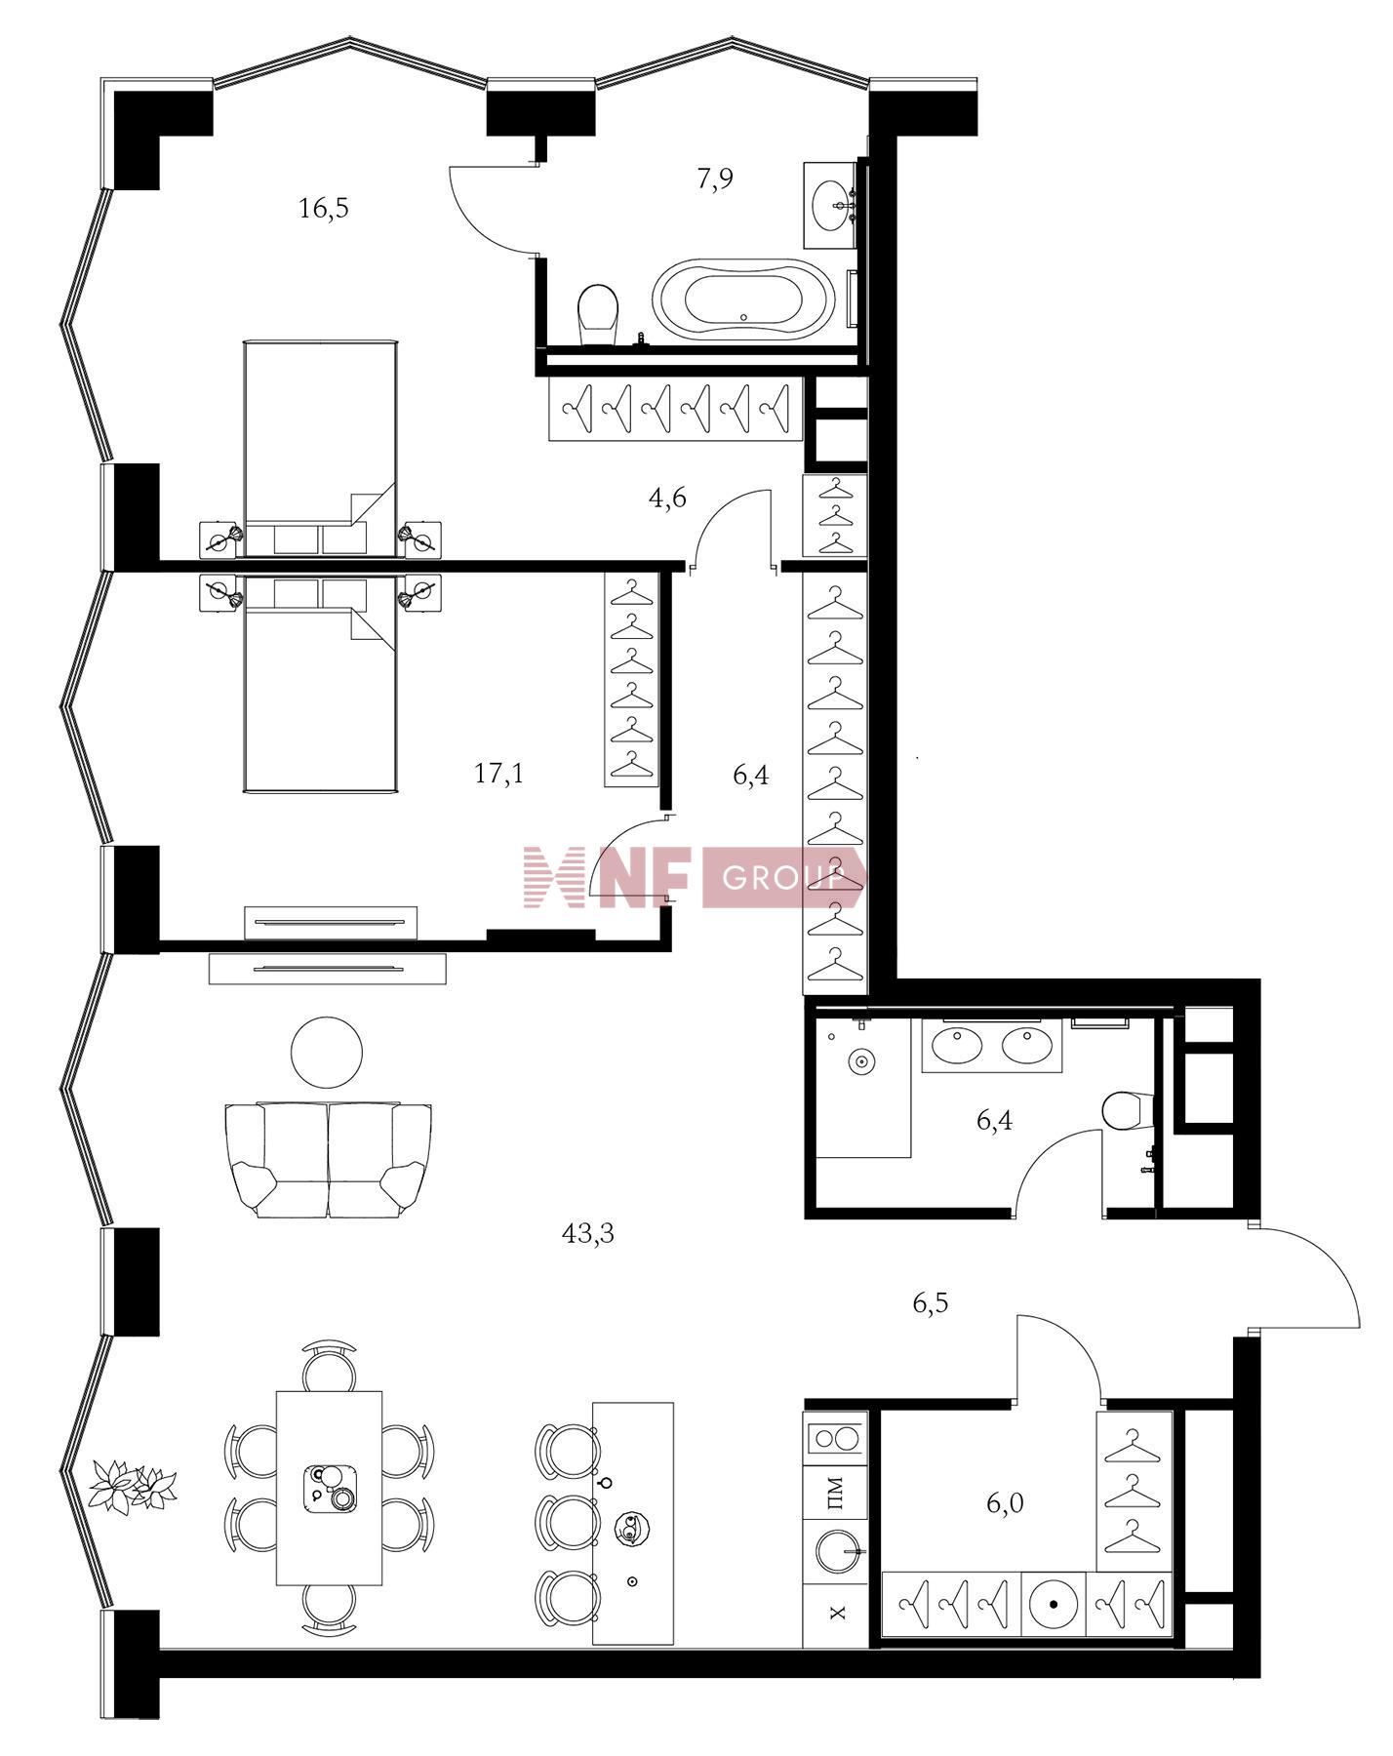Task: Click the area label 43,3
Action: coord(588,1235)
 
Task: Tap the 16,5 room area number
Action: coord(324,209)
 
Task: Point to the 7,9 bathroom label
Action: coord(715,180)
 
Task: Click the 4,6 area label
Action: coord(668,499)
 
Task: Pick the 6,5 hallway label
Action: coord(931,1303)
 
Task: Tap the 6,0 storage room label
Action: coord(1005,1503)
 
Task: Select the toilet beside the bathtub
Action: coord(599,314)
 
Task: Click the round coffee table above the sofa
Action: coord(327,1052)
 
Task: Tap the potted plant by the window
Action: coord(133,1486)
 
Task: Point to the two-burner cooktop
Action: coord(835,1438)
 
